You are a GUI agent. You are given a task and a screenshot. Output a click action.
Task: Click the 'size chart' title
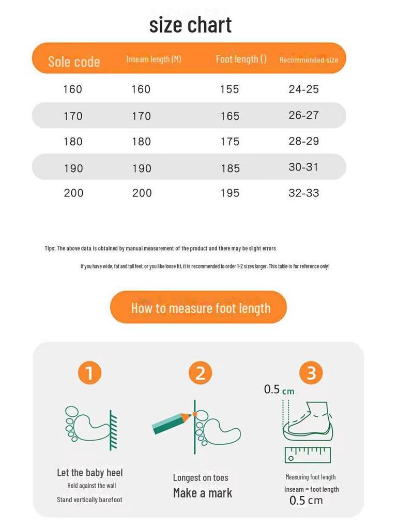coord(190,25)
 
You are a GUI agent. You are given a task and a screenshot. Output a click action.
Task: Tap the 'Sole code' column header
coord(74,62)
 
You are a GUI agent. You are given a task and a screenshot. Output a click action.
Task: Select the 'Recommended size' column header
coord(309,60)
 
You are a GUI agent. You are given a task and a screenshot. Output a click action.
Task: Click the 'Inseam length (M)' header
coord(154,59)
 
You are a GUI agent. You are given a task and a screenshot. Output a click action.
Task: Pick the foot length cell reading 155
coord(230,89)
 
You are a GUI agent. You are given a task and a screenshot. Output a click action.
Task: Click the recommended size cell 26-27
coord(303,115)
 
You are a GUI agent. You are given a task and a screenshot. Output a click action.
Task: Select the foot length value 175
coord(230,142)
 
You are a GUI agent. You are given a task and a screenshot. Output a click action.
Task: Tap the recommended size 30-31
coord(303,167)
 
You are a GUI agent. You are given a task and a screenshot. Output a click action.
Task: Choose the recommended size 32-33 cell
coord(303,193)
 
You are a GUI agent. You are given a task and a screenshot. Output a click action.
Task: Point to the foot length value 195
coord(230,193)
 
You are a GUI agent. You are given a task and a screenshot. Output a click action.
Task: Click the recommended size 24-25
coord(303,89)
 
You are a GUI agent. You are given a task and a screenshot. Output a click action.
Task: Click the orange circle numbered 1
coord(89,373)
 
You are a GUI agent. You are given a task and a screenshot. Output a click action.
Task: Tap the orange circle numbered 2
coord(200,373)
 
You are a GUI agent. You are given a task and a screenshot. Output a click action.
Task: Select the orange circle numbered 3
coord(311,373)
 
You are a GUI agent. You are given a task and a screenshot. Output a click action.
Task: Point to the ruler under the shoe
coord(308,455)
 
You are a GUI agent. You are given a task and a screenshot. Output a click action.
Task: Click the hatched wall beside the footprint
coord(113,430)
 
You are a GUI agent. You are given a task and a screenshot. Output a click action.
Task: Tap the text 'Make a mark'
coord(203,493)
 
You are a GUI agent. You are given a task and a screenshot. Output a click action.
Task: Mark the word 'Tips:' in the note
coord(50,248)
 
